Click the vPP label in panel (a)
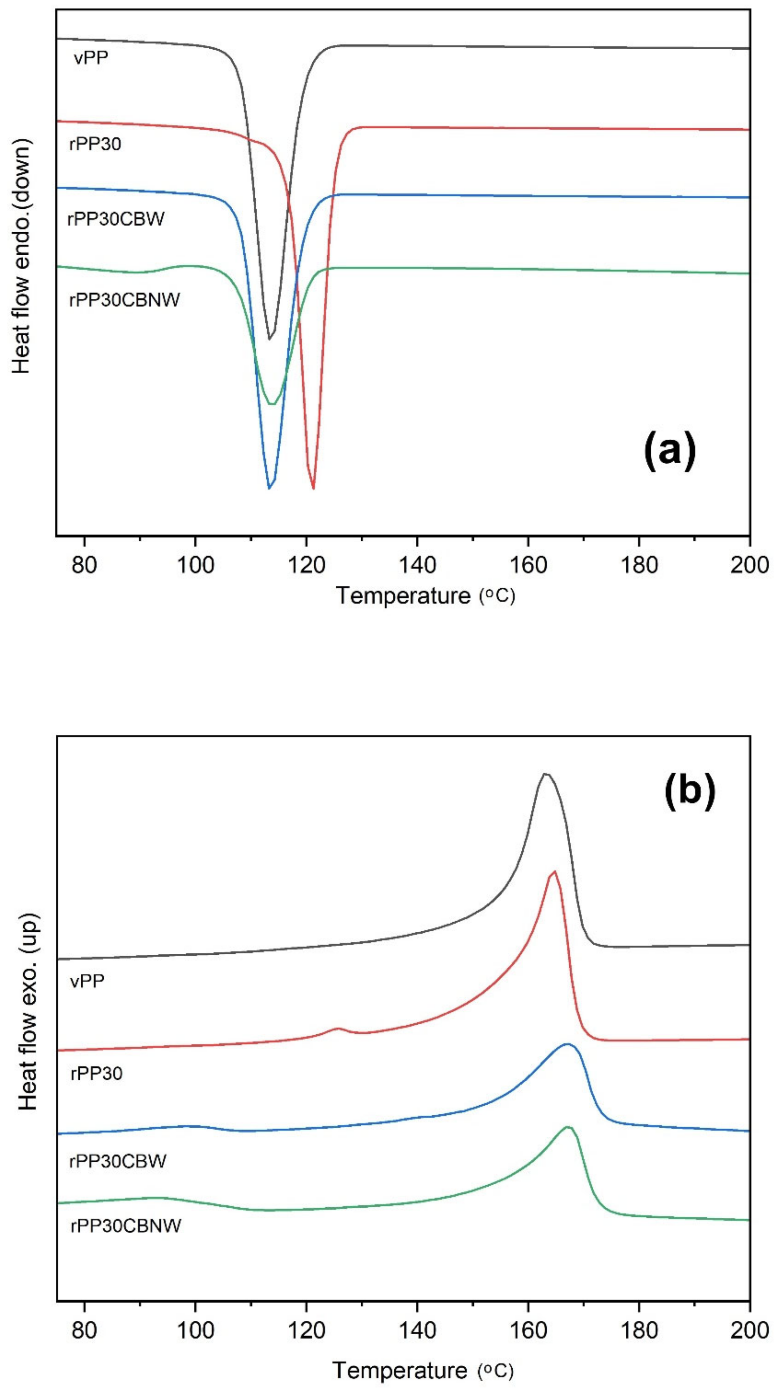click(x=91, y=58)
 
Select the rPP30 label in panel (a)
click(x=95, y=144)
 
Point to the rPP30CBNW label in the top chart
click(x=124, y=299)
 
